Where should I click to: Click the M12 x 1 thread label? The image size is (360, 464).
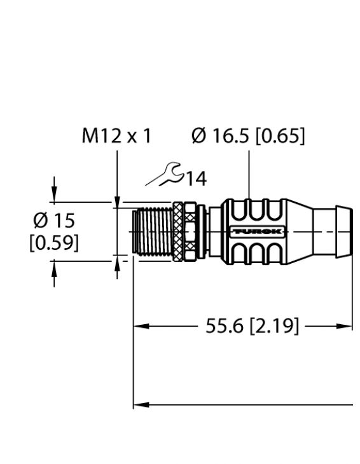click(x=116, y=135)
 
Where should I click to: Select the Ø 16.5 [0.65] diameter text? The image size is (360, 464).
click(x=248, y=135)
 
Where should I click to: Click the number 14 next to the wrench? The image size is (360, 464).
click(x=196, y=179)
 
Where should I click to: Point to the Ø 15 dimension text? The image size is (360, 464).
click(x=54, y=221)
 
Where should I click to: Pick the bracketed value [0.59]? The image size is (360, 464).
click(x=54, y=242)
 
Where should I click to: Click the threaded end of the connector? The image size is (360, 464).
click(x=150, y=231)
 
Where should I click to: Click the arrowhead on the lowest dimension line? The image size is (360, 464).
click(x=138, y=404)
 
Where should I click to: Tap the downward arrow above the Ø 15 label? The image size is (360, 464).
click(x=54, y=193)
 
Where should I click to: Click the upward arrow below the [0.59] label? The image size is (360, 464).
click(x=54, y=269)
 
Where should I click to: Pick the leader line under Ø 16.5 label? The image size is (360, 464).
click(x=248, y=175)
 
